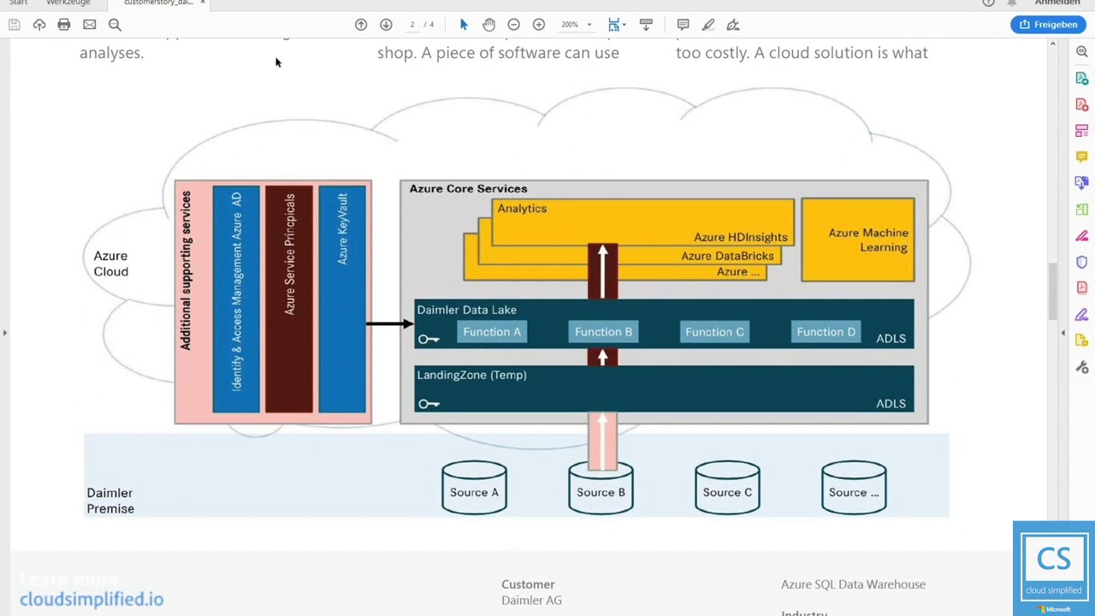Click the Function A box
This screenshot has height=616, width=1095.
[x=492, y=332]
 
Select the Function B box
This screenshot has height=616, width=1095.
[x=603, y=332]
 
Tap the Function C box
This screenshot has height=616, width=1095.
[x=714, y=332]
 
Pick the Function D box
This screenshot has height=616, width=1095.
[x=826, y=332]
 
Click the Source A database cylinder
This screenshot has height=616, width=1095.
[x=474, y=489]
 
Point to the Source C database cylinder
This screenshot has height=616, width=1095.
[x=727, y=489]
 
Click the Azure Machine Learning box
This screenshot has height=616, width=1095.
[x=858, y=240]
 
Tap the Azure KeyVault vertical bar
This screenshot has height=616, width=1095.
[x=342, y=299]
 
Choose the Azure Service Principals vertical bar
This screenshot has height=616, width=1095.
[x=289, y=299]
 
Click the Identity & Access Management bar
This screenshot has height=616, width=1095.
[x=236, y=299]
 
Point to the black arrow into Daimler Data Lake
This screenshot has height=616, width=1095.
[x=389, y=323]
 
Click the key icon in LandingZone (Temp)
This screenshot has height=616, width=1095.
[x=429, y=404]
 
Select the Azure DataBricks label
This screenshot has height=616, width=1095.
[x=727, y=256]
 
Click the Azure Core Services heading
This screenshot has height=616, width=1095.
[x=468, y=189]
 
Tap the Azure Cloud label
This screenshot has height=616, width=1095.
[x=111, y=264]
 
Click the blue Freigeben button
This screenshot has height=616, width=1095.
[x=1049, y=25]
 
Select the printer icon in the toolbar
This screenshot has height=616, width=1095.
[x=64, y=25]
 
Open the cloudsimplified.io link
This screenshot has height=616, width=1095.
[x=92, y=599]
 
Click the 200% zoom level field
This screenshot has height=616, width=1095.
[x=570, y=25]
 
